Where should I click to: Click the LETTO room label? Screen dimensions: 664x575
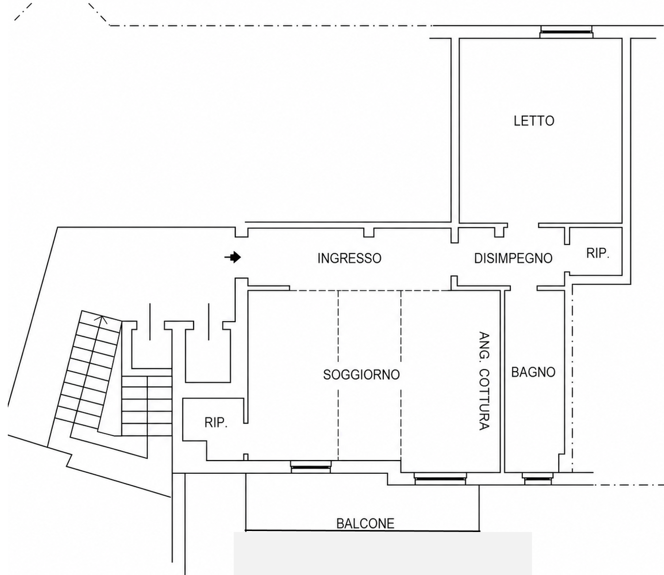[x=534, y=121]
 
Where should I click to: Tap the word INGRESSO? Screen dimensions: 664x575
[x=349, y=258]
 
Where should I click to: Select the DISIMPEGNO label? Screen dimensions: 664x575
[x=513, y=258]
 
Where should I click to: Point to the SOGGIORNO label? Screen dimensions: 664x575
[x=361, y=375]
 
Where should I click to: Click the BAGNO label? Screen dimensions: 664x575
[x=533, y=372]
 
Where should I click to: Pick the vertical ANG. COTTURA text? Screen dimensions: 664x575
[x=484, y=381]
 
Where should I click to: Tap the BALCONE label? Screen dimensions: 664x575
[x=365, y=524]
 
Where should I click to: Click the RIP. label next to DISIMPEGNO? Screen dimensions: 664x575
[x=598, y=253]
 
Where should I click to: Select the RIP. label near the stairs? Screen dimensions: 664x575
[x=216, y=422]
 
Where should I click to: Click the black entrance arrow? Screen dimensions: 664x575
[x=233, y=257]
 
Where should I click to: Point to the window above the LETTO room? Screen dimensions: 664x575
[x=566, y=32]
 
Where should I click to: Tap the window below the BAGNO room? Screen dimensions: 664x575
[x=537, y=478]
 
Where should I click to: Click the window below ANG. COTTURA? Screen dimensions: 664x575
[x=440, y=478]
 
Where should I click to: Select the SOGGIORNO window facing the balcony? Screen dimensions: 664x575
[x=310, y=467]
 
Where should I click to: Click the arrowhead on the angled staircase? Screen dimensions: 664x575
[x=102, y=319]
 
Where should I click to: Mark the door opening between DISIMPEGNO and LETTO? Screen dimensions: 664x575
[x=523, y=225]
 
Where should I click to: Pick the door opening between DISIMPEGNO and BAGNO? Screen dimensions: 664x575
[x=523, y=288]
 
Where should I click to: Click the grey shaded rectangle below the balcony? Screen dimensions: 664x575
[x=382, y=553]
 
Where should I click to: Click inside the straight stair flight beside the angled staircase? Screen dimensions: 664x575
[x=147, y=406]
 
